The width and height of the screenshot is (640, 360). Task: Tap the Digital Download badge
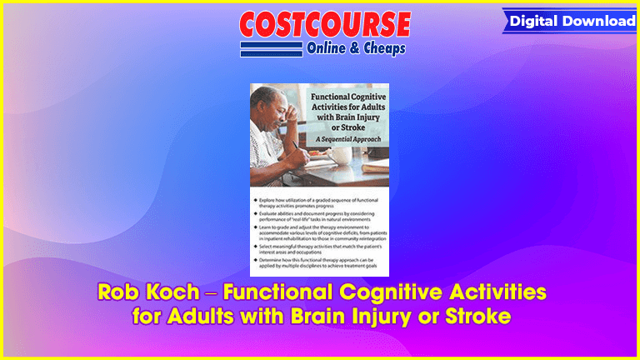572,21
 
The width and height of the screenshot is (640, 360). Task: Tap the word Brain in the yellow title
338,317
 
